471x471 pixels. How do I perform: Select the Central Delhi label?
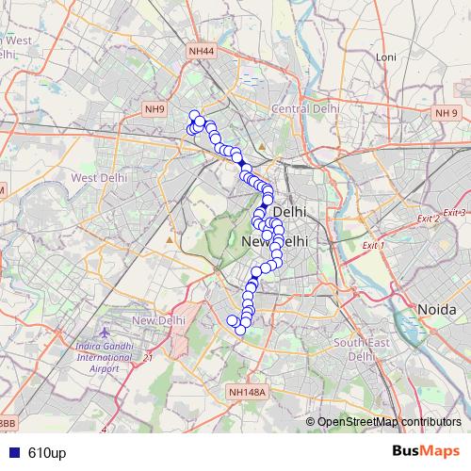[304, 108]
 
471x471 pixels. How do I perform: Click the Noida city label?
[436, 309]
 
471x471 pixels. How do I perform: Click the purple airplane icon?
[104, 334]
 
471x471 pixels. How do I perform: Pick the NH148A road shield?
[248, 391]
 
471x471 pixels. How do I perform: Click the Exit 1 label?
[373, 246]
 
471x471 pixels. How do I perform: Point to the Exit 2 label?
[429, 219]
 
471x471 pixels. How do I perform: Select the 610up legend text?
[46, 453]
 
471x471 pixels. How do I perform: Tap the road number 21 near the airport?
[148, 357]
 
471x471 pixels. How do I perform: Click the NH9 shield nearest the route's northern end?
[154, 109]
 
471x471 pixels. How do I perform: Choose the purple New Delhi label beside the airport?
[157, 320]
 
